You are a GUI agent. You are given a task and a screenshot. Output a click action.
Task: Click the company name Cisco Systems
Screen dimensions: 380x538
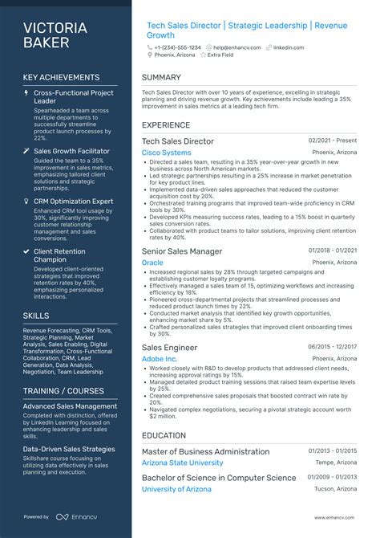click(166, 153)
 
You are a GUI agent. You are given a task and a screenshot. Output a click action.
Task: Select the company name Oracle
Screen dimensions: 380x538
click(152, 263)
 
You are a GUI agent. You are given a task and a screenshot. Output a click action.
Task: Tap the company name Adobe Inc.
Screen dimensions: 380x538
click(160, 358)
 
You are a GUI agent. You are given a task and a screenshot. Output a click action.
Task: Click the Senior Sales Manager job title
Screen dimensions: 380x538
click(181, 251)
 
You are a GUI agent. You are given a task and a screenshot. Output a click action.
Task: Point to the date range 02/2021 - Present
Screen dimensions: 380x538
click(333, 141)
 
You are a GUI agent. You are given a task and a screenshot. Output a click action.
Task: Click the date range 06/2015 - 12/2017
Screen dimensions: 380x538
click(333, 347)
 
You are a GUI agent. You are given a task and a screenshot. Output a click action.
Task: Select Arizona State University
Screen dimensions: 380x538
click(182, 463)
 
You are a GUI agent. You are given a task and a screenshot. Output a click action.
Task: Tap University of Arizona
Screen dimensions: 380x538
click(176, 489)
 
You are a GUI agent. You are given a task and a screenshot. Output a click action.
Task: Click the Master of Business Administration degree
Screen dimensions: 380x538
click(205, 451)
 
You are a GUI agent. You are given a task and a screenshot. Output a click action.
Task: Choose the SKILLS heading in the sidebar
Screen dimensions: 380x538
click(36, 316)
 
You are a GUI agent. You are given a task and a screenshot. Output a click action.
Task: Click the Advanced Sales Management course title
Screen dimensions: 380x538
click(70, 406)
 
